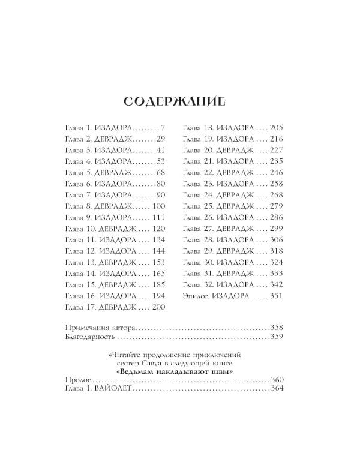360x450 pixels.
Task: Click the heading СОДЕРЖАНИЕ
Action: [x=175, y=101]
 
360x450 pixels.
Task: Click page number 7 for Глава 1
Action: [x=162, y=128]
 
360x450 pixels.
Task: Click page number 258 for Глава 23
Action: [x=277, y=184]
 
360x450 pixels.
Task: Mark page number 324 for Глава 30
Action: [x=277, y=262]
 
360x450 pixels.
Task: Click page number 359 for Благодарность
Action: [x=277, y=337]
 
